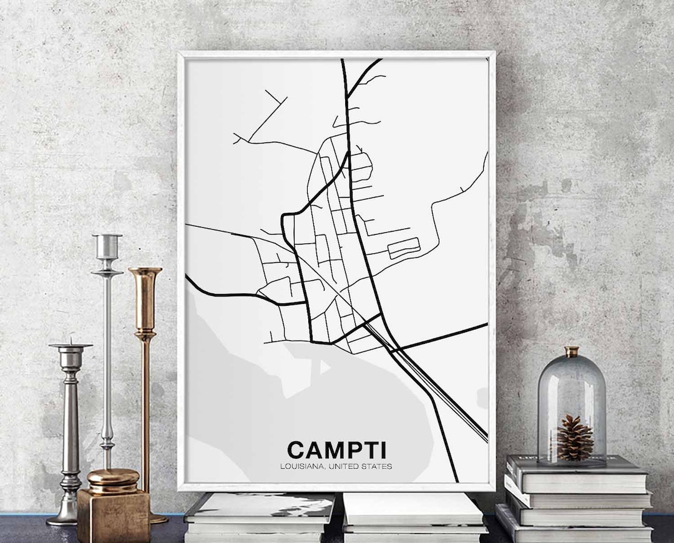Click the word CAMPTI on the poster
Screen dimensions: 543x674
click(336, 449)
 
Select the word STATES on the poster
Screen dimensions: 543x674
click(378, 466)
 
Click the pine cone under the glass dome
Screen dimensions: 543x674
click(574, 438)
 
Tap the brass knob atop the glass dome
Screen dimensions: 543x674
click(572, 351)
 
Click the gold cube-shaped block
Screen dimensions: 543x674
click(113, 515)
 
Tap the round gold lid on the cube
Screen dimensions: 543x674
click(113, 479)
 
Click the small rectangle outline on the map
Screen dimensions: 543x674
click(404, 247)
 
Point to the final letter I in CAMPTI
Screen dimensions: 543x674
click(382, 449)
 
